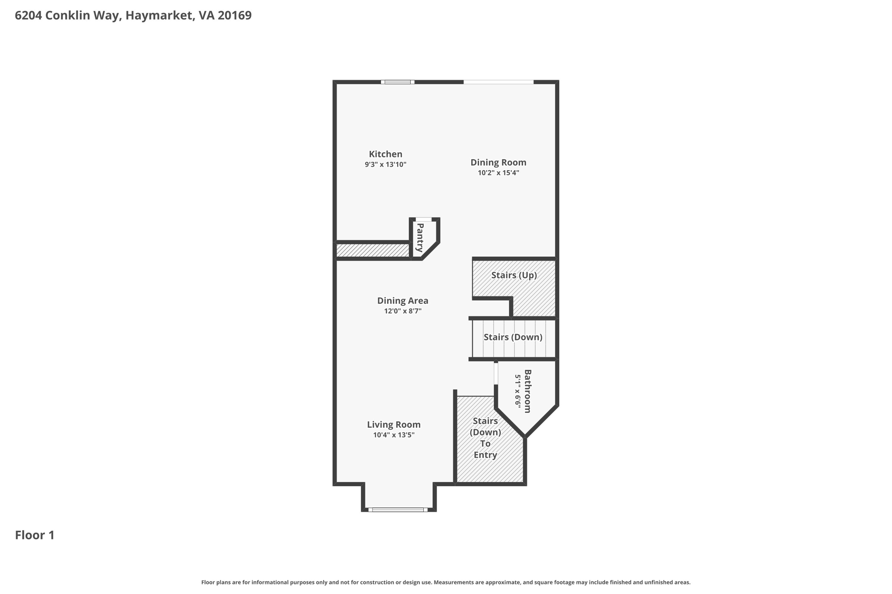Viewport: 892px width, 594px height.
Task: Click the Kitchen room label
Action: (385, 154)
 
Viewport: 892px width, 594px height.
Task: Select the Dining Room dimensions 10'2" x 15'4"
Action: (498, 173)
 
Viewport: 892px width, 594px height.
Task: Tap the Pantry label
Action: (420, 238)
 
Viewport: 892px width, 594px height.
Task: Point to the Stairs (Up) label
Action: (514, 275)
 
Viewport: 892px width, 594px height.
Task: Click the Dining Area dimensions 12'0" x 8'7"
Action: (402, 311)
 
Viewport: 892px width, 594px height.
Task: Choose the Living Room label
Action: (394, 425)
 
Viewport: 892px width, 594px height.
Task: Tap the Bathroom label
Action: (527, 391)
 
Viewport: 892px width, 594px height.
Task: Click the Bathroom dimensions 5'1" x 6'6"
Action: (517, 391)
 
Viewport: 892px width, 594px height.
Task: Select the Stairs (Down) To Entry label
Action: (485, 438)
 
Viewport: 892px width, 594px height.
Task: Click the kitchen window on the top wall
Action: (398, 82)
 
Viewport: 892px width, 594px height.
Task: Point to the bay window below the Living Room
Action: (398, 510)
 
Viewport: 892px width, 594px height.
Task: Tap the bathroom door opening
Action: (496, 373)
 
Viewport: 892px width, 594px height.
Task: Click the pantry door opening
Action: (424, 219)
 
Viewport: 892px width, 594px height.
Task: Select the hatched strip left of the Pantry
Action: (373, 250)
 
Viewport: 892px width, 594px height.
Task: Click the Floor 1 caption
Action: (35, 535)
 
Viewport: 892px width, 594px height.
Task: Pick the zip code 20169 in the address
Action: (234, 16)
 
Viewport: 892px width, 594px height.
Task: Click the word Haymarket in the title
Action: (160, 16)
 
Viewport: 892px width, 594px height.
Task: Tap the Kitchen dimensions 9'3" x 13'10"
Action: (385, 164)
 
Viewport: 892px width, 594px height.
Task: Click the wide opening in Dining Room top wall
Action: (498, 82)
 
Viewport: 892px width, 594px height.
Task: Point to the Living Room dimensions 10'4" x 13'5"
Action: (394, 435)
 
